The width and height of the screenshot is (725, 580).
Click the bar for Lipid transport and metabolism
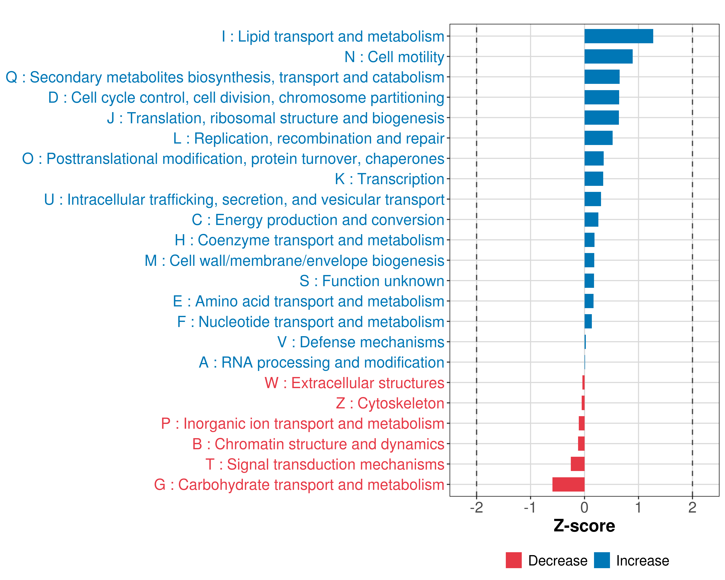coord(618,36)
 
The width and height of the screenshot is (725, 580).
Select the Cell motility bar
coord(608,57)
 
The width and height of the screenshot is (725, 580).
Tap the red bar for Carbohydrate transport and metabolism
coord(568,485)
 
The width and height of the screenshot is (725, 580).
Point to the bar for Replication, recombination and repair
coord(598,138)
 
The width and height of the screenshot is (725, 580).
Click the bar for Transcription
coord(594,179)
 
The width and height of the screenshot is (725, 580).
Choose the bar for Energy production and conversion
coord(591,220)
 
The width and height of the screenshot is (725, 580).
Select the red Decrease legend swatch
coord(514,560)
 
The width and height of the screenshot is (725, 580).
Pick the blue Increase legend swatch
coord(602,560)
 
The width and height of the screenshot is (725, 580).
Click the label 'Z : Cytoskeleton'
coord(390,403)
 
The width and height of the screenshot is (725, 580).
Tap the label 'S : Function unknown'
coord(372,281)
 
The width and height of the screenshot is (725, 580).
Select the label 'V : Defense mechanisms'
coord(361,342)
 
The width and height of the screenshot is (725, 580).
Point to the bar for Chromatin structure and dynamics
coord(581,444)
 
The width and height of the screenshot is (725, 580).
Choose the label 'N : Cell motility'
coord(394,57)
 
